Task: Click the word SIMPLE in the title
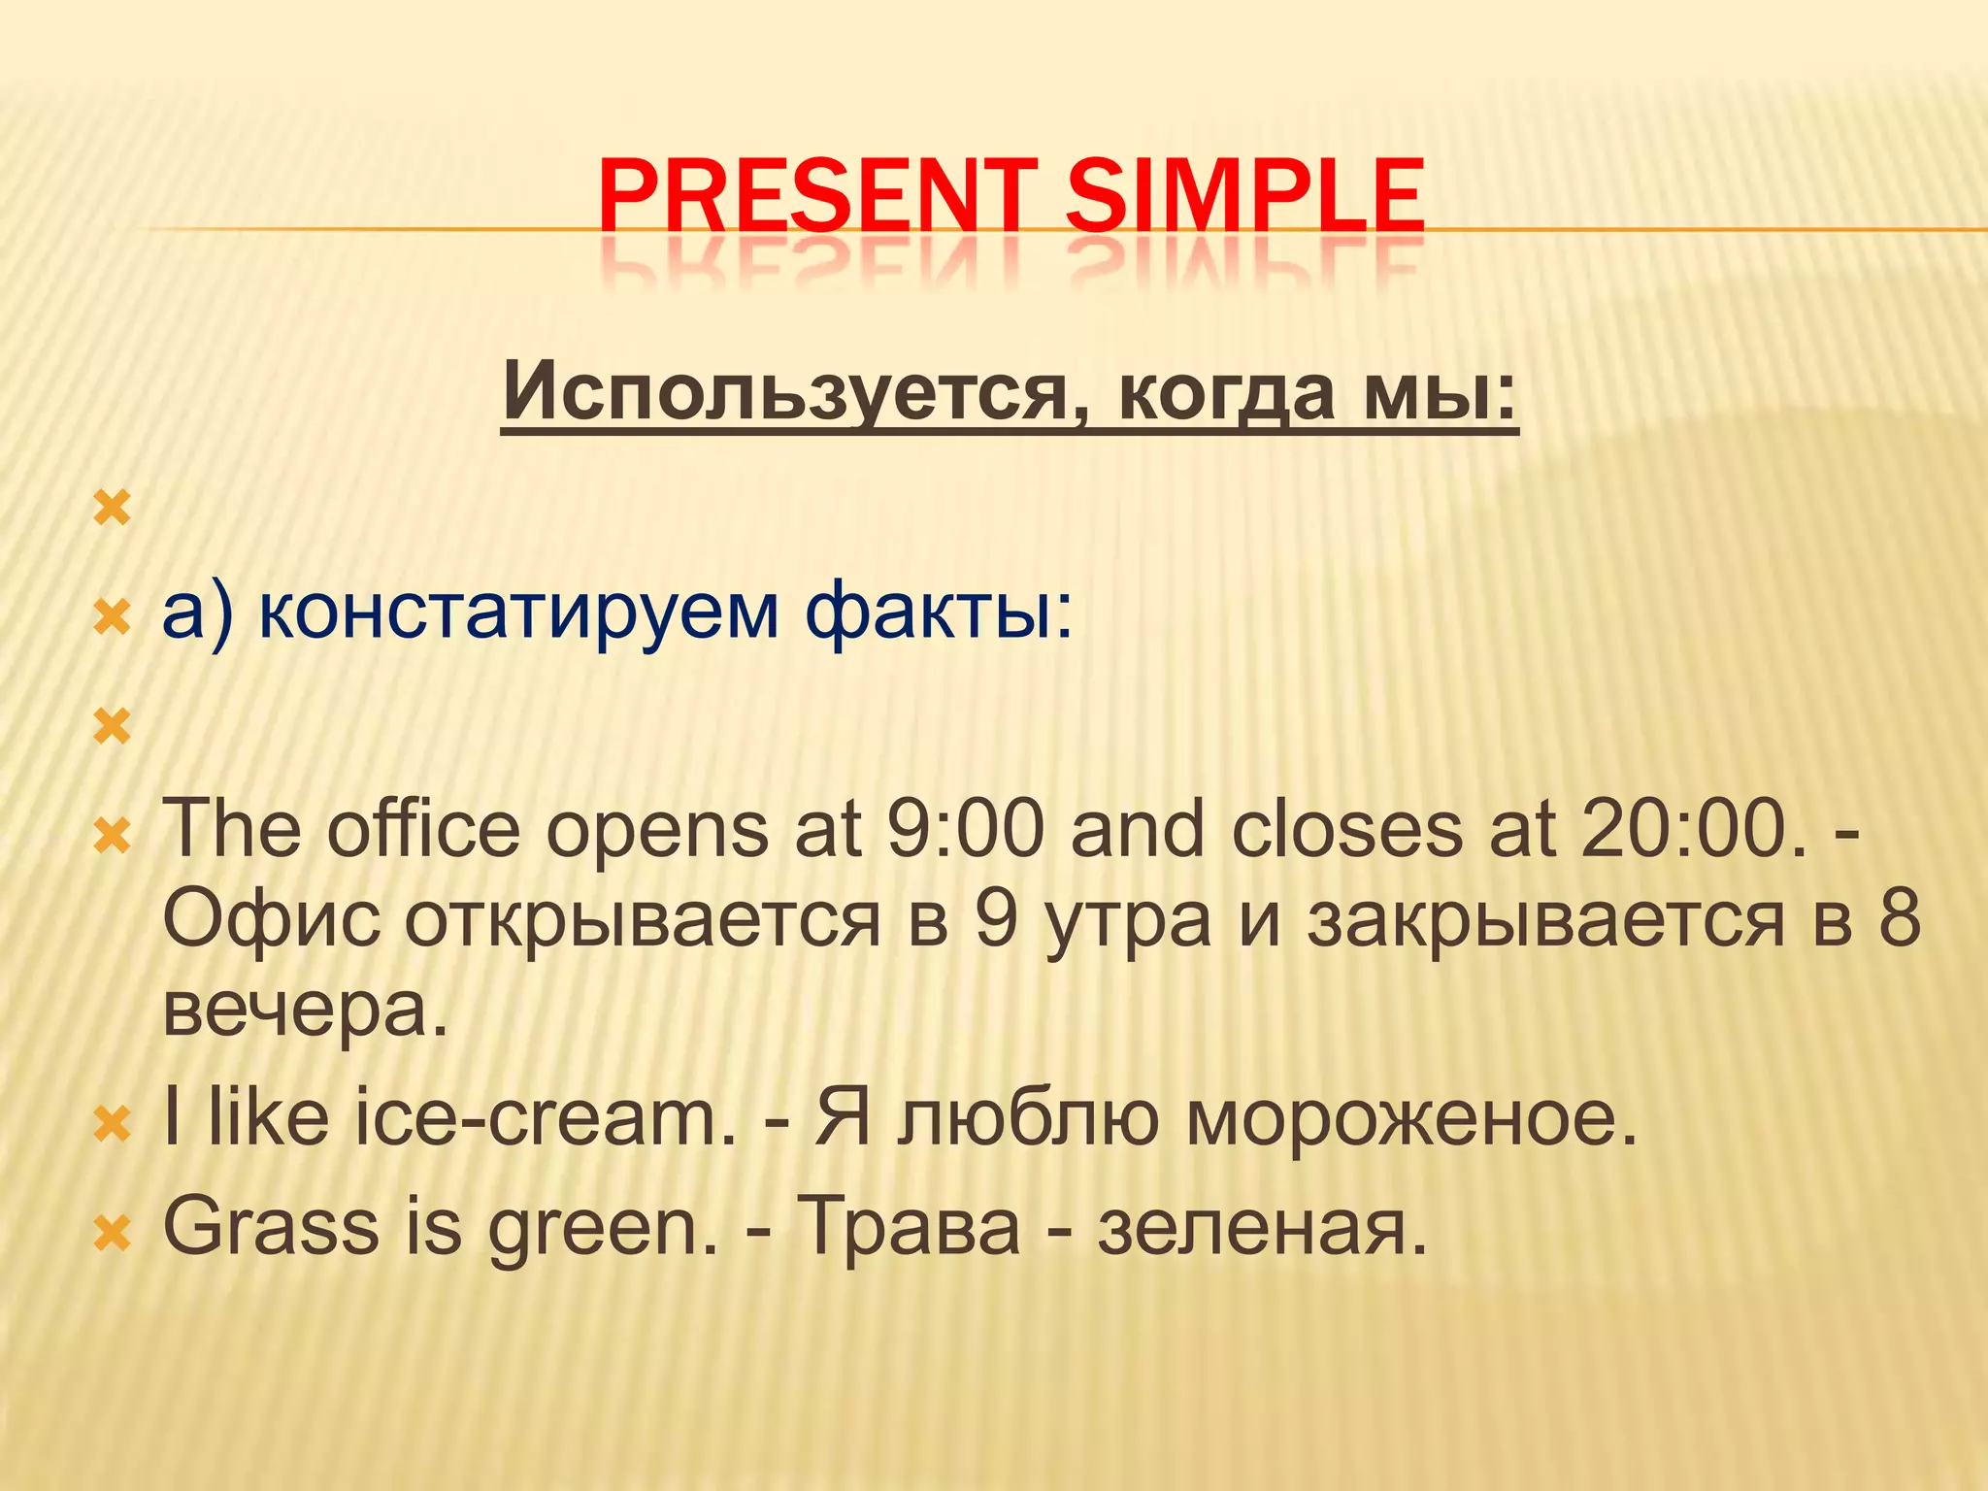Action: coord(1244,198)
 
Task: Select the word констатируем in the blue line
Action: coord(519,613)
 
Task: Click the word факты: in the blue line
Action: coord(940,613)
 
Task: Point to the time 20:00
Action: coord(1685,831)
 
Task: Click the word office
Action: coord(423,831)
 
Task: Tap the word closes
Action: coord(1346,831)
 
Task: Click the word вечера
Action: coord(305,1009)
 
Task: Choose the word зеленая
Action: coord(1263,1226)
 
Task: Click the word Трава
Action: coord(909,1226)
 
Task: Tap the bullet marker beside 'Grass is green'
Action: coord(113,1234)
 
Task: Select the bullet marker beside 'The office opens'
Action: coord(113,835)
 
